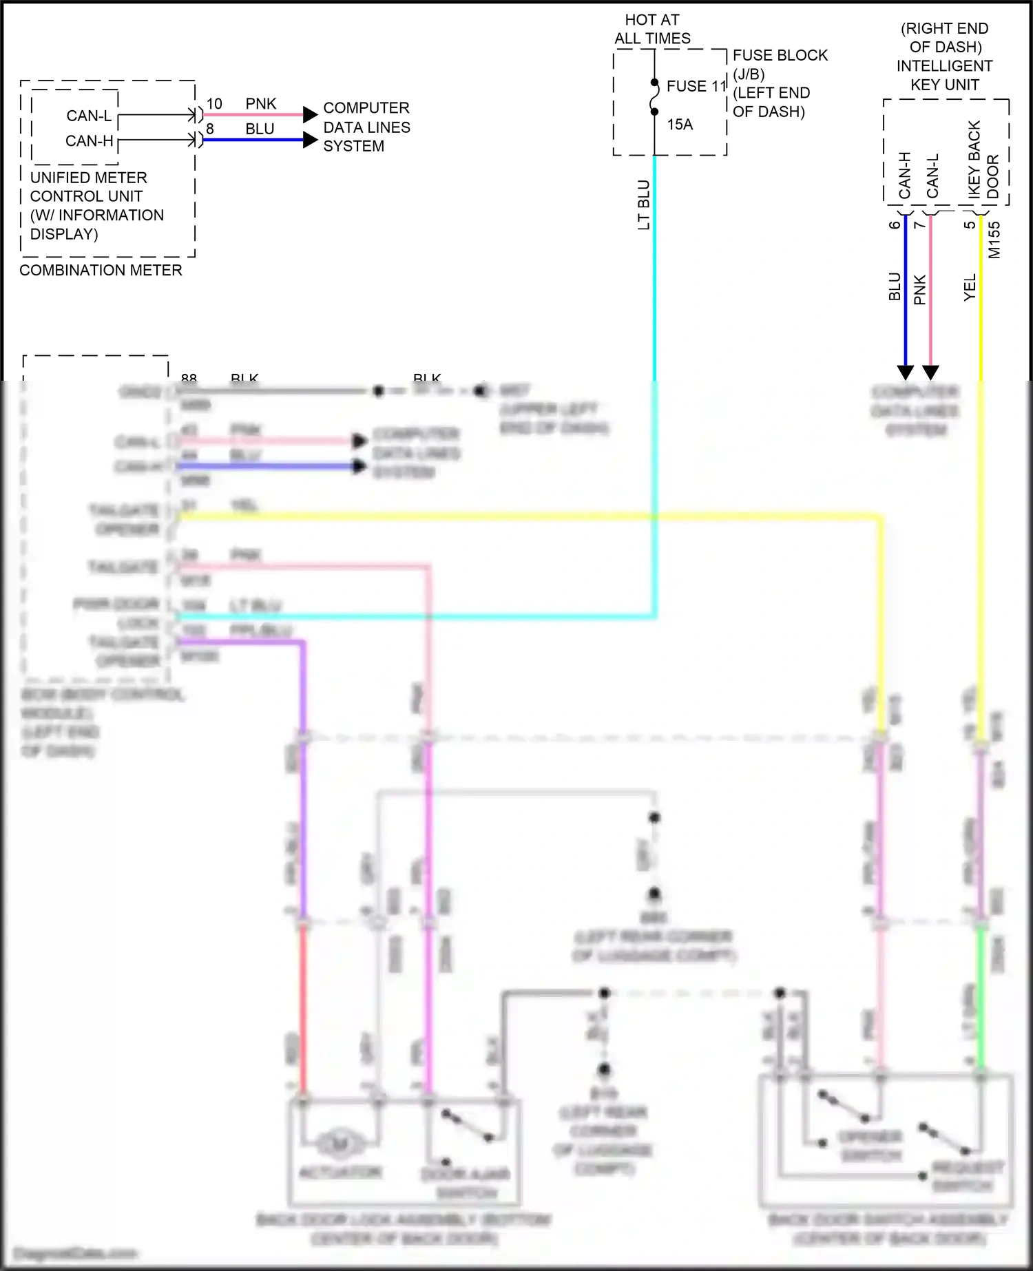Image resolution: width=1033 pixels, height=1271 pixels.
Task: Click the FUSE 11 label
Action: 696,86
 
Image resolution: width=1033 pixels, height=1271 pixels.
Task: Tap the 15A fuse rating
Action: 680,125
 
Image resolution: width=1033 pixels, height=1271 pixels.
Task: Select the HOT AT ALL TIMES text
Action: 652,29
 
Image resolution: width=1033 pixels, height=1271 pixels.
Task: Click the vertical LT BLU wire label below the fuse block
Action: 644,204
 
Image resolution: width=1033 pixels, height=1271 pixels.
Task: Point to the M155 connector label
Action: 994,240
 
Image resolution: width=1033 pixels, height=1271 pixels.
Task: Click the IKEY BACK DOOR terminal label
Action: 983,160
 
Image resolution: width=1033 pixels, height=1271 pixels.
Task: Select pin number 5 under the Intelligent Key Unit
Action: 970,224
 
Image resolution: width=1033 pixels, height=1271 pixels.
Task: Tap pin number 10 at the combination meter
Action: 214,104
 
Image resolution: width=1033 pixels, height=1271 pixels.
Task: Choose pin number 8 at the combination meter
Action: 210,129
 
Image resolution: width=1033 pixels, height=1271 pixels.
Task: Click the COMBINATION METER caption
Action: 101,270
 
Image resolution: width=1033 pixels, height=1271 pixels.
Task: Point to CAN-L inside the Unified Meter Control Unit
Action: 89,116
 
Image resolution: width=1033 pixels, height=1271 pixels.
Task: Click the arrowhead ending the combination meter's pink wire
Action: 310,114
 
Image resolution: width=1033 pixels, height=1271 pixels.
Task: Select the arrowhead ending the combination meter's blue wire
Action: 310,140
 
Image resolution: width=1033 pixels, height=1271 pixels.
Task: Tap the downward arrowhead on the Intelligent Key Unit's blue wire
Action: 906,372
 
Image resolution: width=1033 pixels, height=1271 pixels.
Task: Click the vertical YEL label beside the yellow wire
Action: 970,287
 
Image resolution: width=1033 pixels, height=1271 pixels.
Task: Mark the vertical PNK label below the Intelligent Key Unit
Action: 920,290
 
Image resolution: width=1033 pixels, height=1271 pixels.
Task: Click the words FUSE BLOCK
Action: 780,55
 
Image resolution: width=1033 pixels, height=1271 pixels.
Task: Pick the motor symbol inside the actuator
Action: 340,1144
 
